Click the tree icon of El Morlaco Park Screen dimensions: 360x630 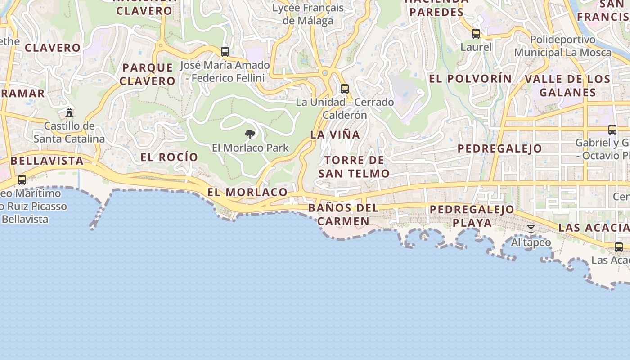[x=250, y=134]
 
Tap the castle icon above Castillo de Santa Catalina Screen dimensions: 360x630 [x=69, y=112]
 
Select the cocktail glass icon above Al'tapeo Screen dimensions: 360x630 [x=531, y=229]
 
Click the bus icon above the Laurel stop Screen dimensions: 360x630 [x=476, y=34]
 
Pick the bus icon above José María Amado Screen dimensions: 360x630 [x=225, y=52]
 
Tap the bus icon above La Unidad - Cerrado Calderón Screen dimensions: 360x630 [x=345, y=89]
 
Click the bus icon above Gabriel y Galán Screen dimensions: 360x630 [x=612, y=130]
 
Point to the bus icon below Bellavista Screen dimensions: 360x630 [x=22, y=180]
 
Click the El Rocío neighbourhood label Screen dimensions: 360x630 [x=169, y=157]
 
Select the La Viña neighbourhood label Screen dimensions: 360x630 [x=335, y=135]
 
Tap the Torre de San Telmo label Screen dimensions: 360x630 [x=354, y=167]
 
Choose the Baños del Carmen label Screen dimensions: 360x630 [x=343, y=215]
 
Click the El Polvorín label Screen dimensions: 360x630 [x=470, y=79]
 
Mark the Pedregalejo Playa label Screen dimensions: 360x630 [x=472, y=216]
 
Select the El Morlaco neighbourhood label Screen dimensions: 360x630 [x=247, y=192]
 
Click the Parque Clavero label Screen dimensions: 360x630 [x=148, y=75]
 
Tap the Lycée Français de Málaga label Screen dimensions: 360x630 [x=308, y=14]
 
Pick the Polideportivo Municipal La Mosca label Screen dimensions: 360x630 [x=562, y=46]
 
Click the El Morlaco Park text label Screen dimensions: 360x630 [x=250, y=148]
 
